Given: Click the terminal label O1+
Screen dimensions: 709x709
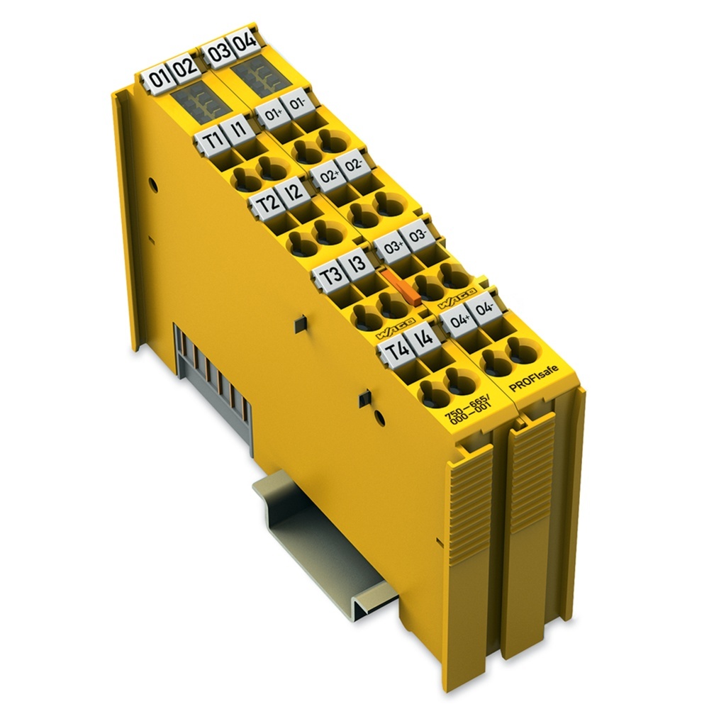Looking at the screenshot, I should click(x=271, y=113).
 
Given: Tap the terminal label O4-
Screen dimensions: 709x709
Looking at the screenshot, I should click(x=486, y=309).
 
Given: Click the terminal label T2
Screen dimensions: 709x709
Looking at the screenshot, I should click(x=268, y=204).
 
